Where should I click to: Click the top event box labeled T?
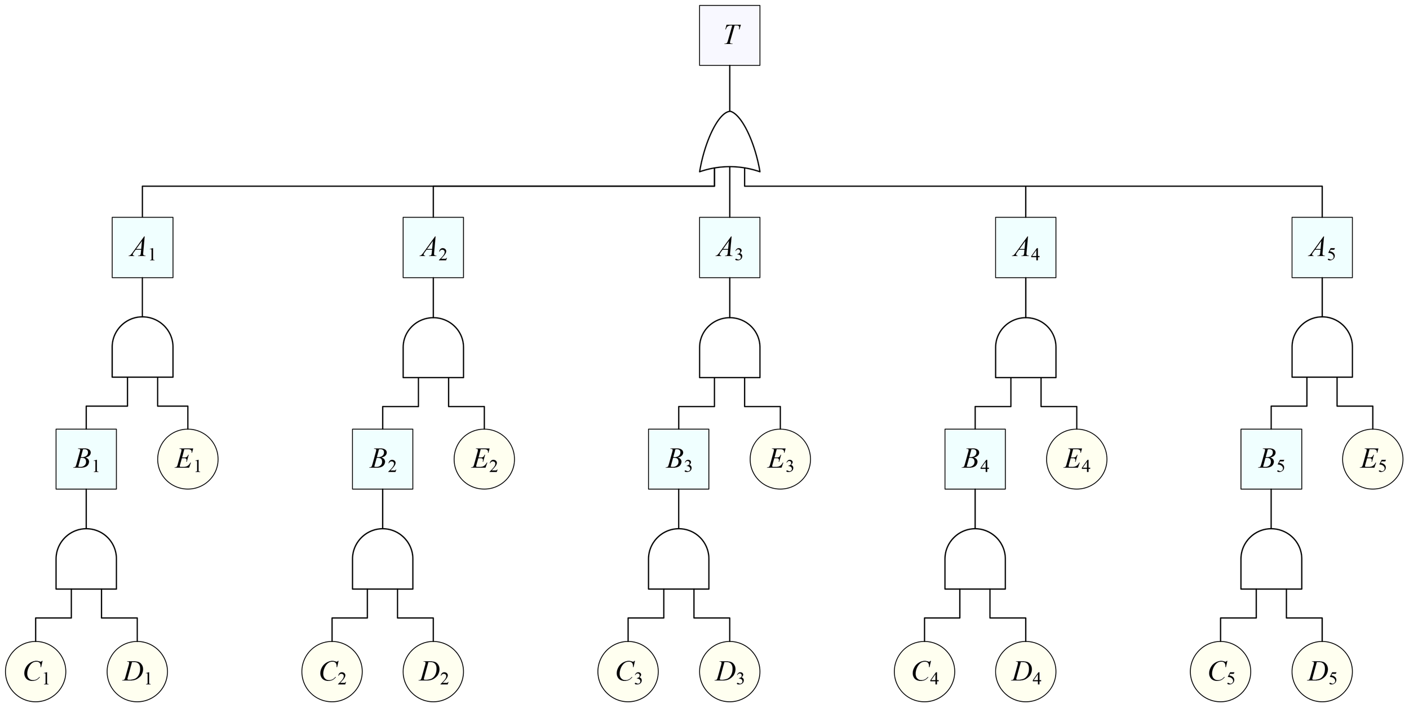coord(729,35)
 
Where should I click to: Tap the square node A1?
coord(142,247)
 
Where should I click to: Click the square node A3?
coord(729,247)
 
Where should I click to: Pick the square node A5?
coord(1322,247)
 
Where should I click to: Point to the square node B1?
coord(86,459)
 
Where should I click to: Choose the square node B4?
coord(975,459)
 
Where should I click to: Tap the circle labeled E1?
coord(188,459)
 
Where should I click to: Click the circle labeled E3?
coord(780,459)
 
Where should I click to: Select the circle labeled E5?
coord(1372,459)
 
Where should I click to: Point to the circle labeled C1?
coord(36,672)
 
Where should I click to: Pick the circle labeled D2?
coord(433,672)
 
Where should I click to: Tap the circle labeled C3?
coord(628,672)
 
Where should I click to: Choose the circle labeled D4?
coord(1025,672)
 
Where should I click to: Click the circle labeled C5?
coord(1220,672)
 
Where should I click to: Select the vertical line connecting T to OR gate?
coord(729,88)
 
